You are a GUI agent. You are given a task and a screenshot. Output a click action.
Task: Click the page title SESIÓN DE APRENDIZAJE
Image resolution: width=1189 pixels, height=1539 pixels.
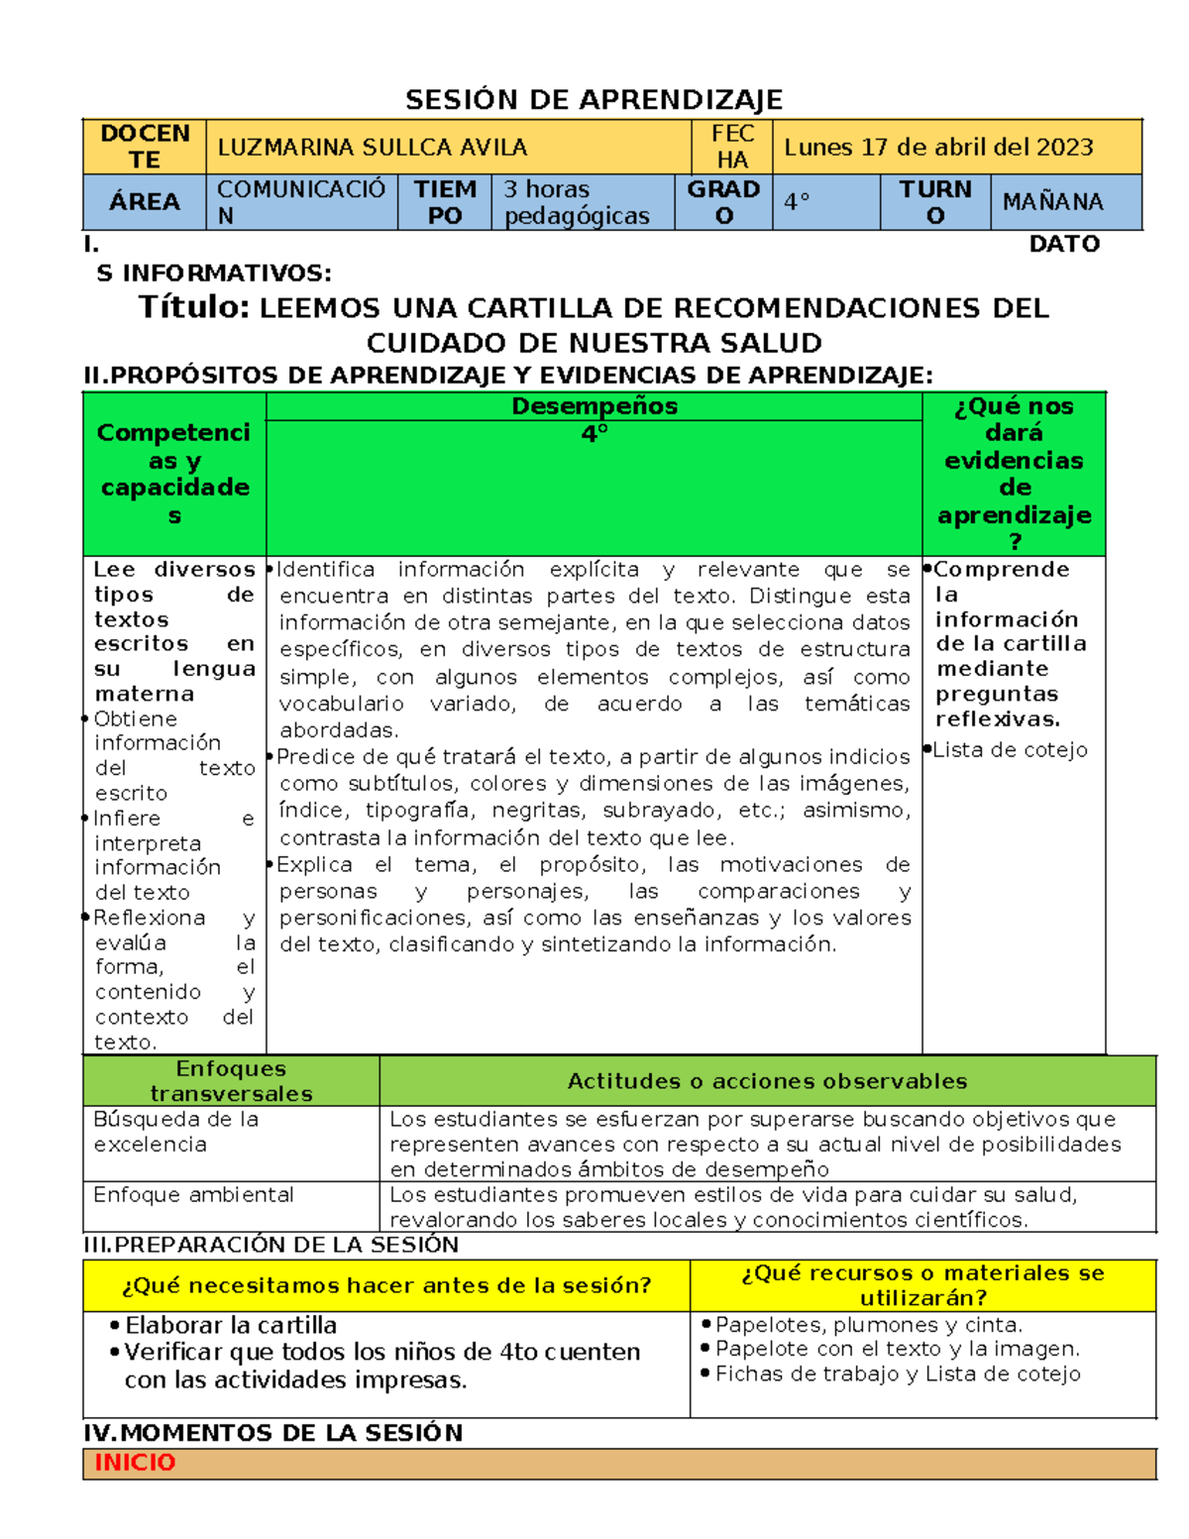[594, 99]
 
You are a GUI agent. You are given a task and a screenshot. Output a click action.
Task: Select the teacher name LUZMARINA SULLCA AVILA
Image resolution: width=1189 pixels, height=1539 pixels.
[372, 148]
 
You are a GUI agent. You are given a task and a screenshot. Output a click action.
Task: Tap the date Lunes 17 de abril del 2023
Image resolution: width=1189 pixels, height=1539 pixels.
[937, 148]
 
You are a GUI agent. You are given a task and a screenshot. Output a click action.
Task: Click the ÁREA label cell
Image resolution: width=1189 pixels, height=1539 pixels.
[145, 201]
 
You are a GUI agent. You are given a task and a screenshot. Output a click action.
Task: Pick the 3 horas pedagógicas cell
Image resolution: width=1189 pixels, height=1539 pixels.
[576, 202]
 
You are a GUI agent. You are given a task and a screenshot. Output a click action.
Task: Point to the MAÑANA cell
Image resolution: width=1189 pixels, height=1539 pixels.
[1052, 202]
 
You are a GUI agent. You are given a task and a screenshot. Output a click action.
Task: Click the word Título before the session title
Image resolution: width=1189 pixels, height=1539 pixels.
[194, 307]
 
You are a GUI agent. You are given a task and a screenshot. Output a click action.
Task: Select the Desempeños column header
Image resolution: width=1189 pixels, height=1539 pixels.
[594, 406]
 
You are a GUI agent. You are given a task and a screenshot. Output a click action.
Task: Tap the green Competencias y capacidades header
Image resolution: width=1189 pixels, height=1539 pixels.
[174, 474]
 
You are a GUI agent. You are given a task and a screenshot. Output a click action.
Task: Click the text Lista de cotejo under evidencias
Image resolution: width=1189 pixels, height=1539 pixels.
[1010, 750]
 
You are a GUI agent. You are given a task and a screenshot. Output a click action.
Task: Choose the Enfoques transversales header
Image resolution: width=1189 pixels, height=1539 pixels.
[231, 1081]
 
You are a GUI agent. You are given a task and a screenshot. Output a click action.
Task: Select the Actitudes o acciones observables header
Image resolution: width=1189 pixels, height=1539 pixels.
[767, 1081]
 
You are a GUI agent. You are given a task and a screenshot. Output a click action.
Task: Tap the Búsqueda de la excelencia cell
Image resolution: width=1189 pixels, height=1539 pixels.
[175, 1132]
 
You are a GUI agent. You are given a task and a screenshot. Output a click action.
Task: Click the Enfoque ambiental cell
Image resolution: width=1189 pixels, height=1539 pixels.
[193, 1195]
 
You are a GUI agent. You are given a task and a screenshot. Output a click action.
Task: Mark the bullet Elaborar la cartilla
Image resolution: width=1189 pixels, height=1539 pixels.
[230, 1326]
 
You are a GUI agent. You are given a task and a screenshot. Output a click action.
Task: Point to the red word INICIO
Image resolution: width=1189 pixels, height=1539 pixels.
[135, 1463]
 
